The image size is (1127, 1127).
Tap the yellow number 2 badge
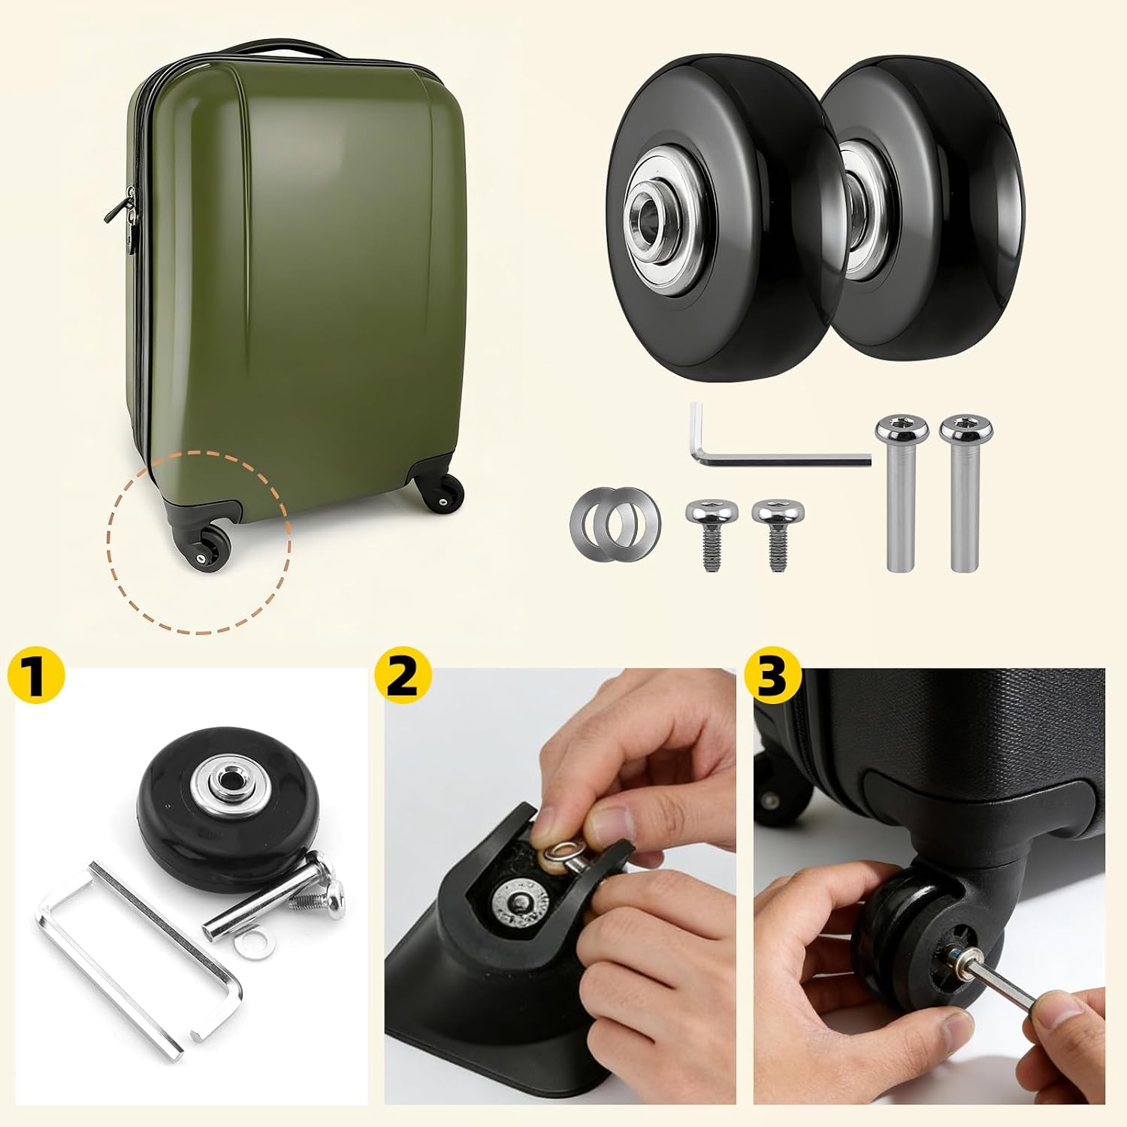point(403,676)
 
